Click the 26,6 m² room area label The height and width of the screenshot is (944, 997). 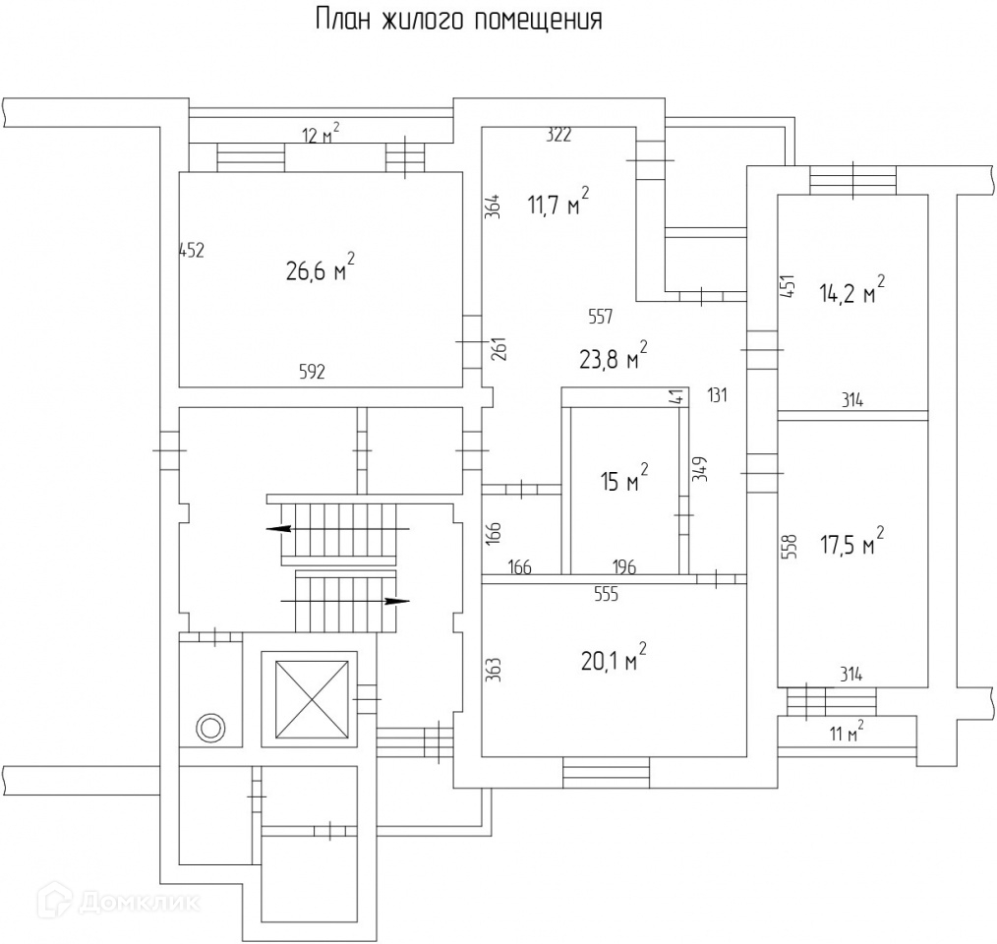tap(320, 267)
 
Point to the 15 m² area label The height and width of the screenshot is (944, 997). tap(624, 478)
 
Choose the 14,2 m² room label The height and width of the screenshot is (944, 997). tap(851, 289)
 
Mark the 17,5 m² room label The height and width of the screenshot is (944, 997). tap(852, 541)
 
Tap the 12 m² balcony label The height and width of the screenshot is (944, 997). tap(321, 134)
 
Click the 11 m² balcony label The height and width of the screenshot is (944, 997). tap(847, 732)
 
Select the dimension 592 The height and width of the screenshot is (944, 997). tap(312, 371)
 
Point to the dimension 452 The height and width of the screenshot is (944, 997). tap(192, 251)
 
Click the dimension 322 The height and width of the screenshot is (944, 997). tap(558, 135)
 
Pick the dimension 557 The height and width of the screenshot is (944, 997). tap(600, 317)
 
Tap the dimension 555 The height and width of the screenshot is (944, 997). tap(606, 595)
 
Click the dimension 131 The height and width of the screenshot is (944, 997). tap(717, 395)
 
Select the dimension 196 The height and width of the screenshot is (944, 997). tap(624, 566)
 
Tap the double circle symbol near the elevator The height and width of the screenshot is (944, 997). tap(210, 728)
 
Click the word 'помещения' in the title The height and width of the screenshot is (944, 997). tap(538, 21)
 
